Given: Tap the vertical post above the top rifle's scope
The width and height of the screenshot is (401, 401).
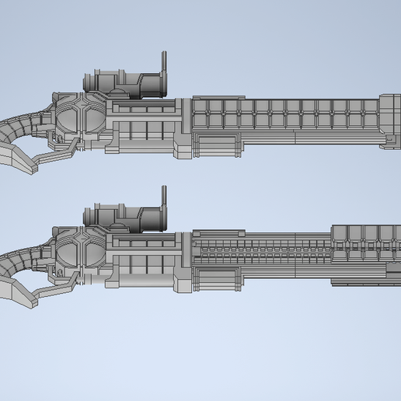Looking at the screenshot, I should tap(163, 64).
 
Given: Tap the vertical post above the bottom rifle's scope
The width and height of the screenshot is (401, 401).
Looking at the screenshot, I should tap(163, 197).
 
